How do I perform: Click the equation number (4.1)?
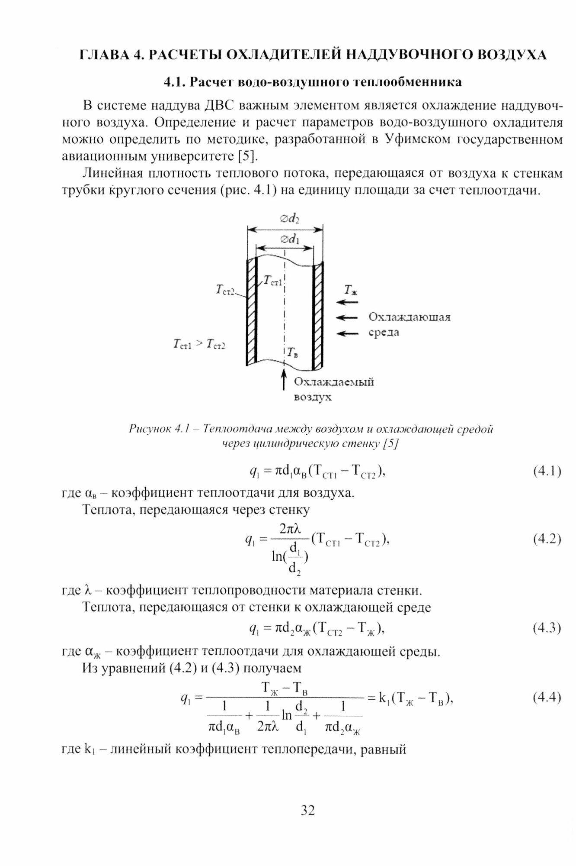[547, 471]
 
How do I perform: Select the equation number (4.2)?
[547, 539]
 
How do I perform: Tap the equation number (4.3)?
[547, 627]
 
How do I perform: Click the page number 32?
[307, 810]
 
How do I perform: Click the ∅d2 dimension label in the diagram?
[290, 219]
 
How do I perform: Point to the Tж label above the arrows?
[351, 289]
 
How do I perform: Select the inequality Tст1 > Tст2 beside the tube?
[199, 345]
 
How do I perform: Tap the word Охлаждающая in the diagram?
[409, 317]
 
